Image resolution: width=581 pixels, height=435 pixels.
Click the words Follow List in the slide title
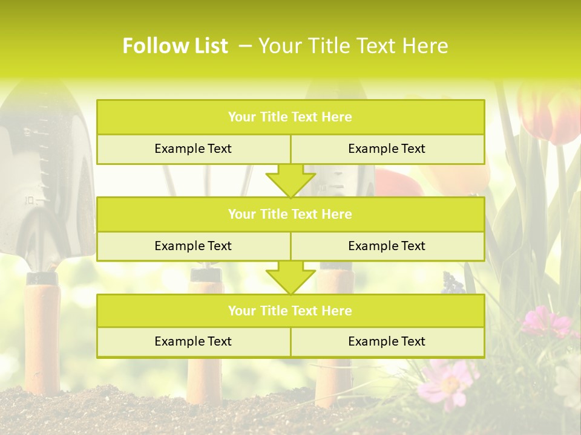175,46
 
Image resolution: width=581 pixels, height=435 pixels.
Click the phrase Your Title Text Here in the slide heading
353,46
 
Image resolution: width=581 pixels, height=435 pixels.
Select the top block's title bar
290,117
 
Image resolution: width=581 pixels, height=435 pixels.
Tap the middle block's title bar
290,214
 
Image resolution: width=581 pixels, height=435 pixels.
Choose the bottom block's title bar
290,311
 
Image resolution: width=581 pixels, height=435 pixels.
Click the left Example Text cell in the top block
193,149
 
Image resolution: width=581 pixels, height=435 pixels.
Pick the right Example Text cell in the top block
387,149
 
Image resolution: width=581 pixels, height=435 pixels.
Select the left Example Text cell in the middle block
193,246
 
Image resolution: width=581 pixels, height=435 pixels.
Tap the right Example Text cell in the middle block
387,246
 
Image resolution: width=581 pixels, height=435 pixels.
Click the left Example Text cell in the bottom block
193,341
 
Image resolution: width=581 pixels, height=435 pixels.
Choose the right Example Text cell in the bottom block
387,341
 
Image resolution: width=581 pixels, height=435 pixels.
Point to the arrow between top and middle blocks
290,181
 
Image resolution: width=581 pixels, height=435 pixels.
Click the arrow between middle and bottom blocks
290,278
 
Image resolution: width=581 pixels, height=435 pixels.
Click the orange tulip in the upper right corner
551,115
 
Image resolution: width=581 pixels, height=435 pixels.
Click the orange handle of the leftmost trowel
42,338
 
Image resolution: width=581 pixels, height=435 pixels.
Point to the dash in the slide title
245,46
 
